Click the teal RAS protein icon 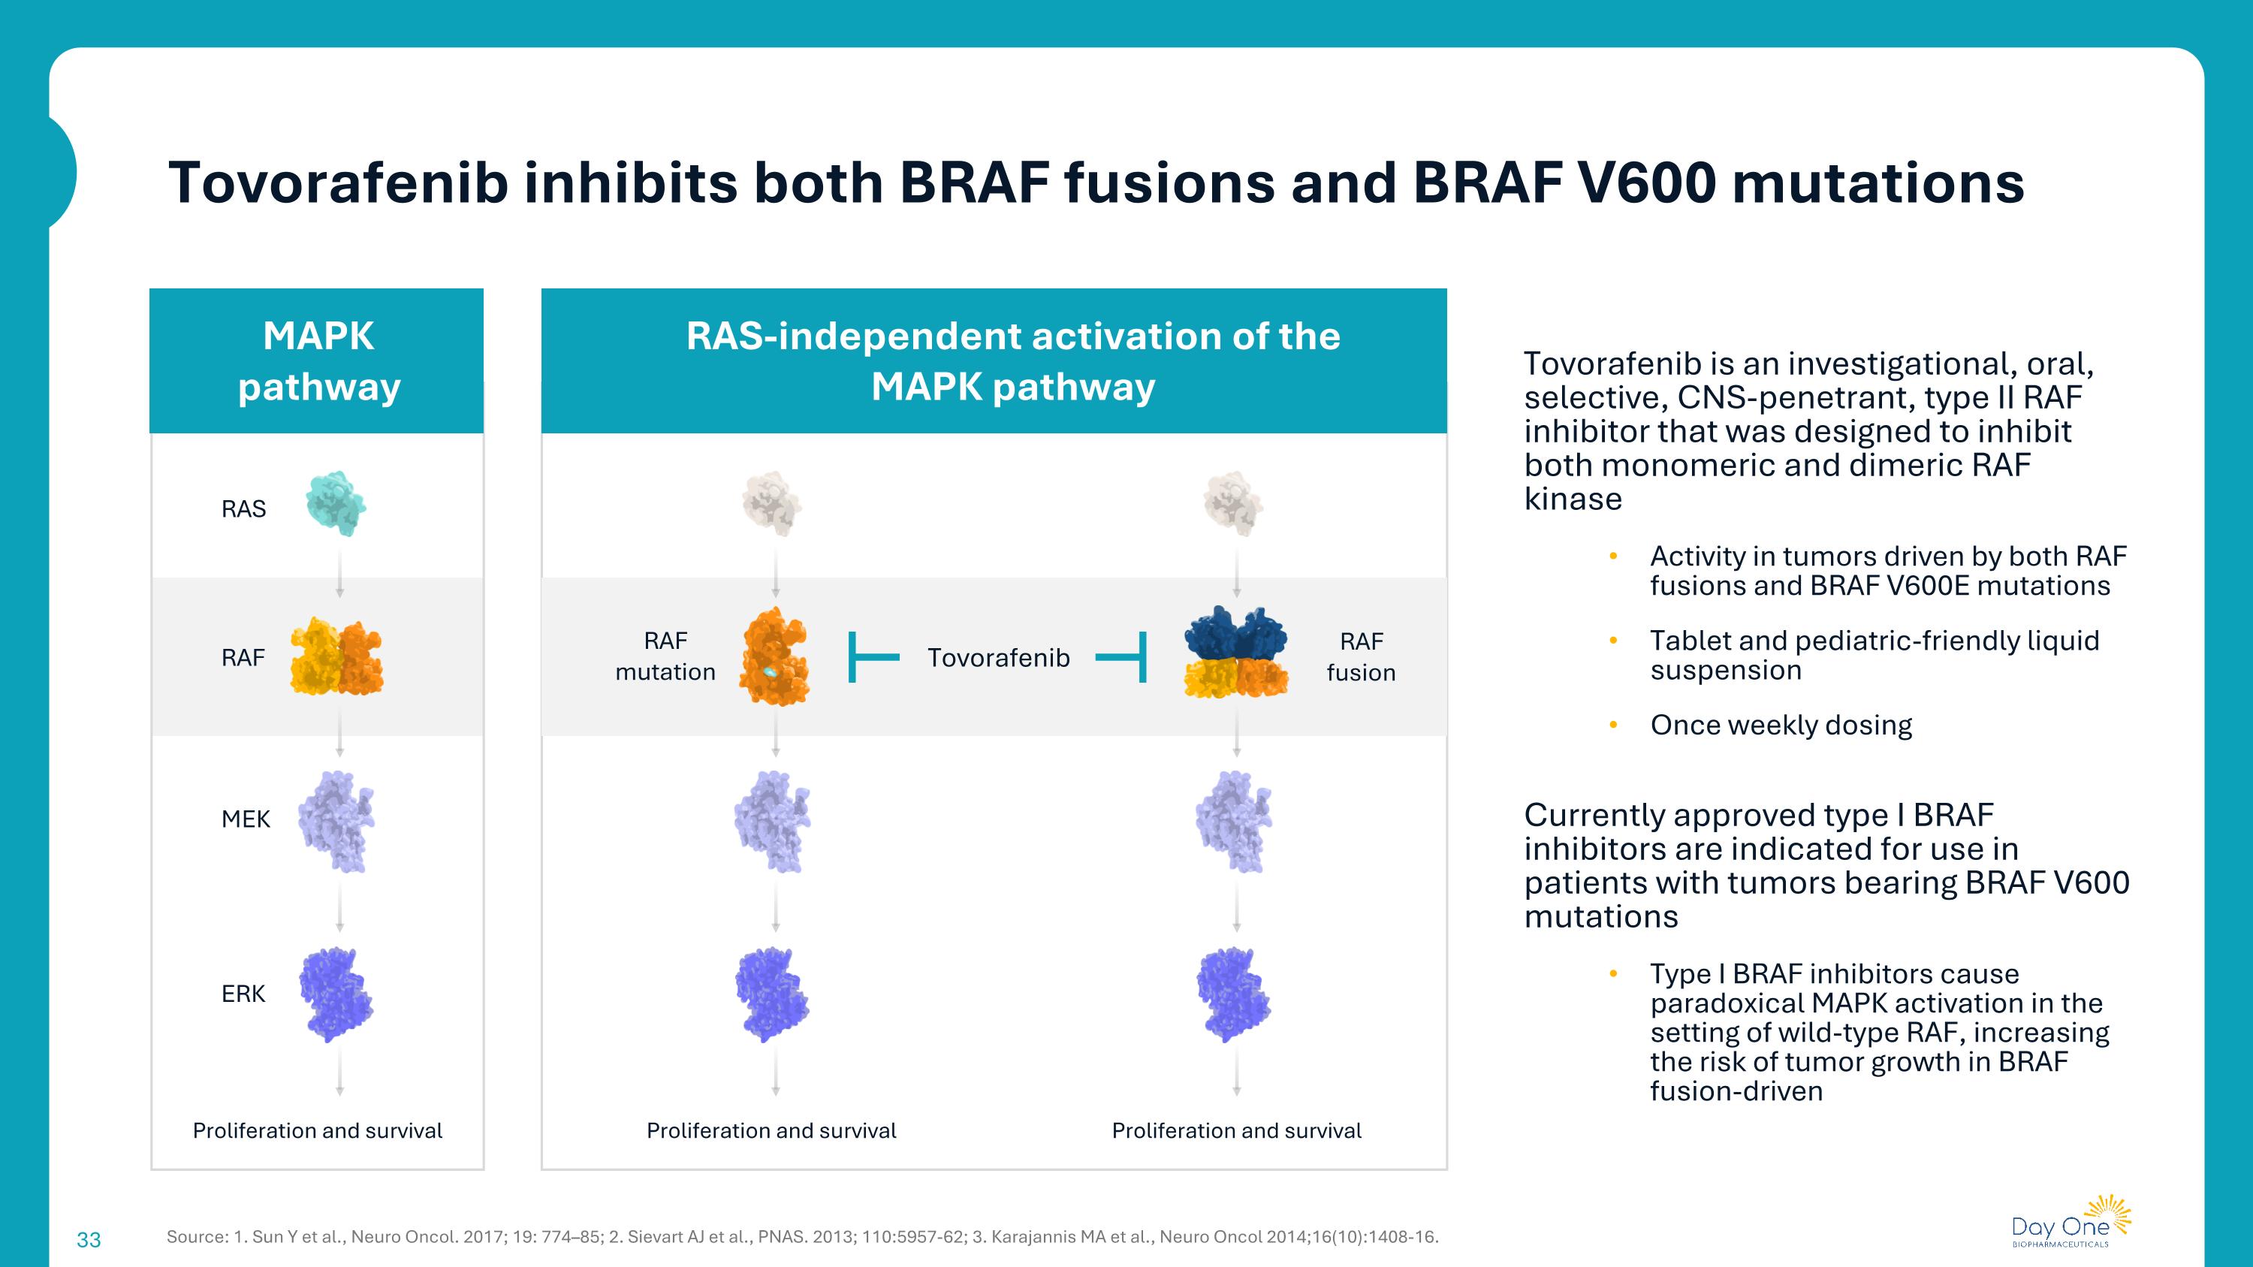coord(335,504)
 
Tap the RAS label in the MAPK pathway coord(243,509)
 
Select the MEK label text coord(246,819)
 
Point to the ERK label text coord(243,994)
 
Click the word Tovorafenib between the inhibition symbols coord(998,658)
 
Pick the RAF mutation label coord(665,656)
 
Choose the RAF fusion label coord(1361,656)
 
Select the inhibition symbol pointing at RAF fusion coord(1122,658)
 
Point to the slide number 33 coord(89,1239)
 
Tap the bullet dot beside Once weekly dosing coord(1614,725)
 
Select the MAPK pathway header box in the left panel coord(317,361)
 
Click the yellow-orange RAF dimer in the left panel coord(336,658)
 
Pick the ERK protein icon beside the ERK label coord(336,994)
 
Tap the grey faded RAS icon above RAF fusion coord(1233,504)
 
